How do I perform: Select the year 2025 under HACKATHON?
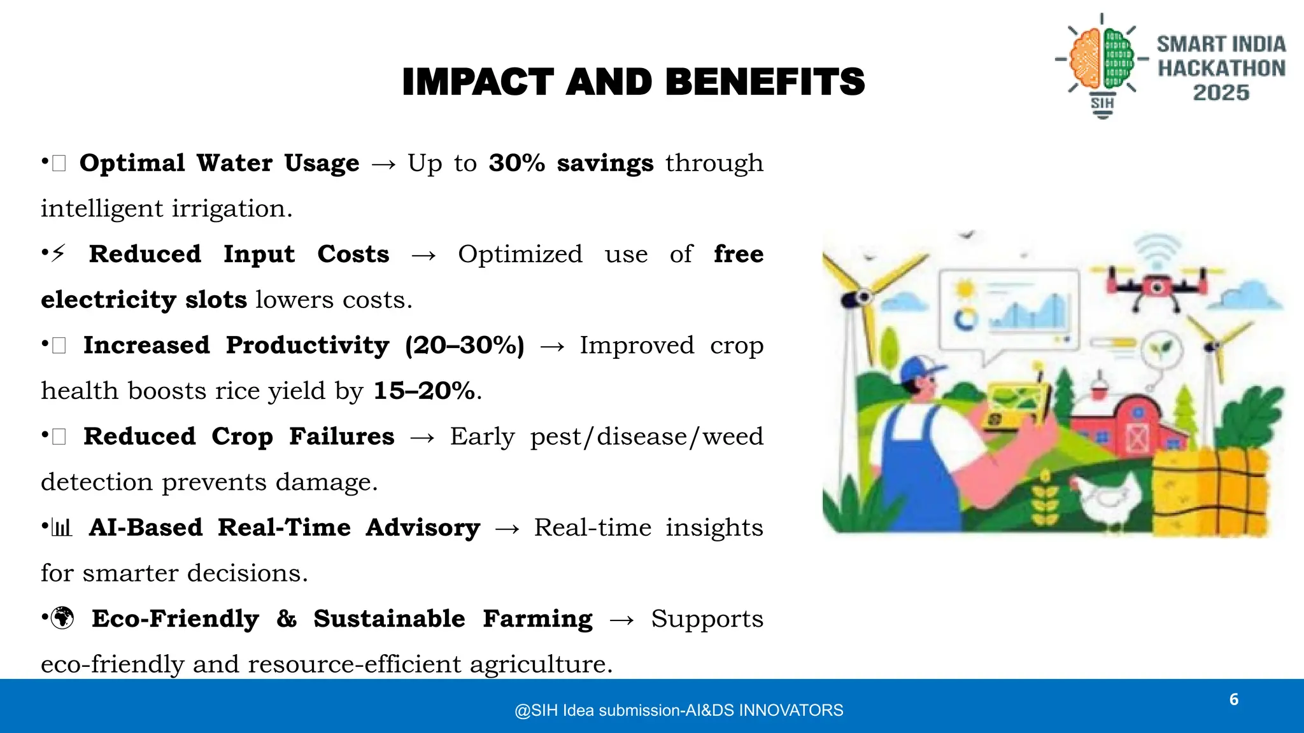tap(1221, 93)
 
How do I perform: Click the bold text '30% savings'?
tap(570, 163)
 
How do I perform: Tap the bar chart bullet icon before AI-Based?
tap(62, 527)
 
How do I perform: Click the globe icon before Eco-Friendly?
tap(62, 618)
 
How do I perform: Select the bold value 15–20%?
tap(424, 391)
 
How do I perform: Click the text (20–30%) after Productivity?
tap(464, 346)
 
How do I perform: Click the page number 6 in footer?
tap(1233, 700)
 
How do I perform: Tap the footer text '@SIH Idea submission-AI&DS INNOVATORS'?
tap(679, 710)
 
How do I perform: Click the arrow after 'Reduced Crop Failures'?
tap(422, 438)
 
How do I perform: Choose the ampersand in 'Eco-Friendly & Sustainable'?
tap(287, 618)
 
